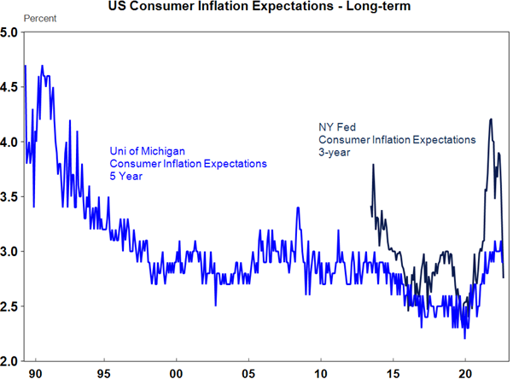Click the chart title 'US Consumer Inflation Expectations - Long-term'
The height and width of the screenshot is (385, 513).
point(256,8)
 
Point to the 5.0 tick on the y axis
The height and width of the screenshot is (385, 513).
point(11,32)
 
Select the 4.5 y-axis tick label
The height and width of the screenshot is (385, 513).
point(11,87)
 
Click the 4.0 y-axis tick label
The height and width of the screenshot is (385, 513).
point(11,142)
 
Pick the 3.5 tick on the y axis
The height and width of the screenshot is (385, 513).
point(11,196)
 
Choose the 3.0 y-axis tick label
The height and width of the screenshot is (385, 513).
point(11,252)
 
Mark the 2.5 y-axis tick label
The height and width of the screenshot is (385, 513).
point(11,306)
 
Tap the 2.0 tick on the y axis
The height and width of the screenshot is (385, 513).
point(11,361)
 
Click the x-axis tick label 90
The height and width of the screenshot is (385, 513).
point(32,374)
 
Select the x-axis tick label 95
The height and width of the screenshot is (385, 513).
point(103,374)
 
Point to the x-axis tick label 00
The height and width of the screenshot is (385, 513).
point(176,374)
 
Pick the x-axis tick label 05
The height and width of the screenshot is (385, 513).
point(248,374)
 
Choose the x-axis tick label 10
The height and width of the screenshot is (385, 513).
point(321,374)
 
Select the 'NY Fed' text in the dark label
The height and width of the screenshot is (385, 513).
point(335,127)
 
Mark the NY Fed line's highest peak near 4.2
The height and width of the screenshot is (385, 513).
point(490,120)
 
